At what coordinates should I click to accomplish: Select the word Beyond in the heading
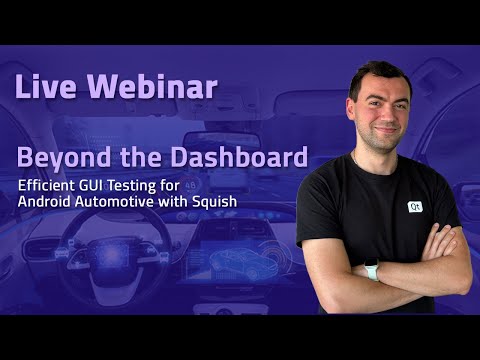click(57, 158)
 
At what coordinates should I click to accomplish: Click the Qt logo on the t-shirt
click(414, 207)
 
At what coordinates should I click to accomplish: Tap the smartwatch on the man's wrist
click(373, 270)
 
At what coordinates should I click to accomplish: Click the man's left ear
click(412, 103)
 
